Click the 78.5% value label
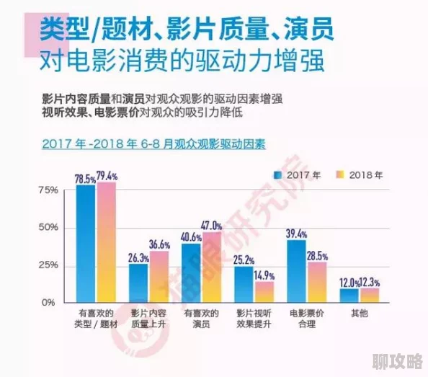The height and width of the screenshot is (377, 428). pos(86,177)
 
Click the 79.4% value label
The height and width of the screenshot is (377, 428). pos(107,175)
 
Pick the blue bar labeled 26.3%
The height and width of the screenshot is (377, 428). pos(139,283)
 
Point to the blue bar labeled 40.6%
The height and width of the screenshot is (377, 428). pos(192,272)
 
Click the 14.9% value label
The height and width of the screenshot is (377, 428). pos(264,275)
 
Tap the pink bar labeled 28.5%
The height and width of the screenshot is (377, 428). pos(317,281)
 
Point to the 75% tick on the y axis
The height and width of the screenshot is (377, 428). pos(47,190)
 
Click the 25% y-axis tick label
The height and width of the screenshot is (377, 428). pos(47,265)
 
